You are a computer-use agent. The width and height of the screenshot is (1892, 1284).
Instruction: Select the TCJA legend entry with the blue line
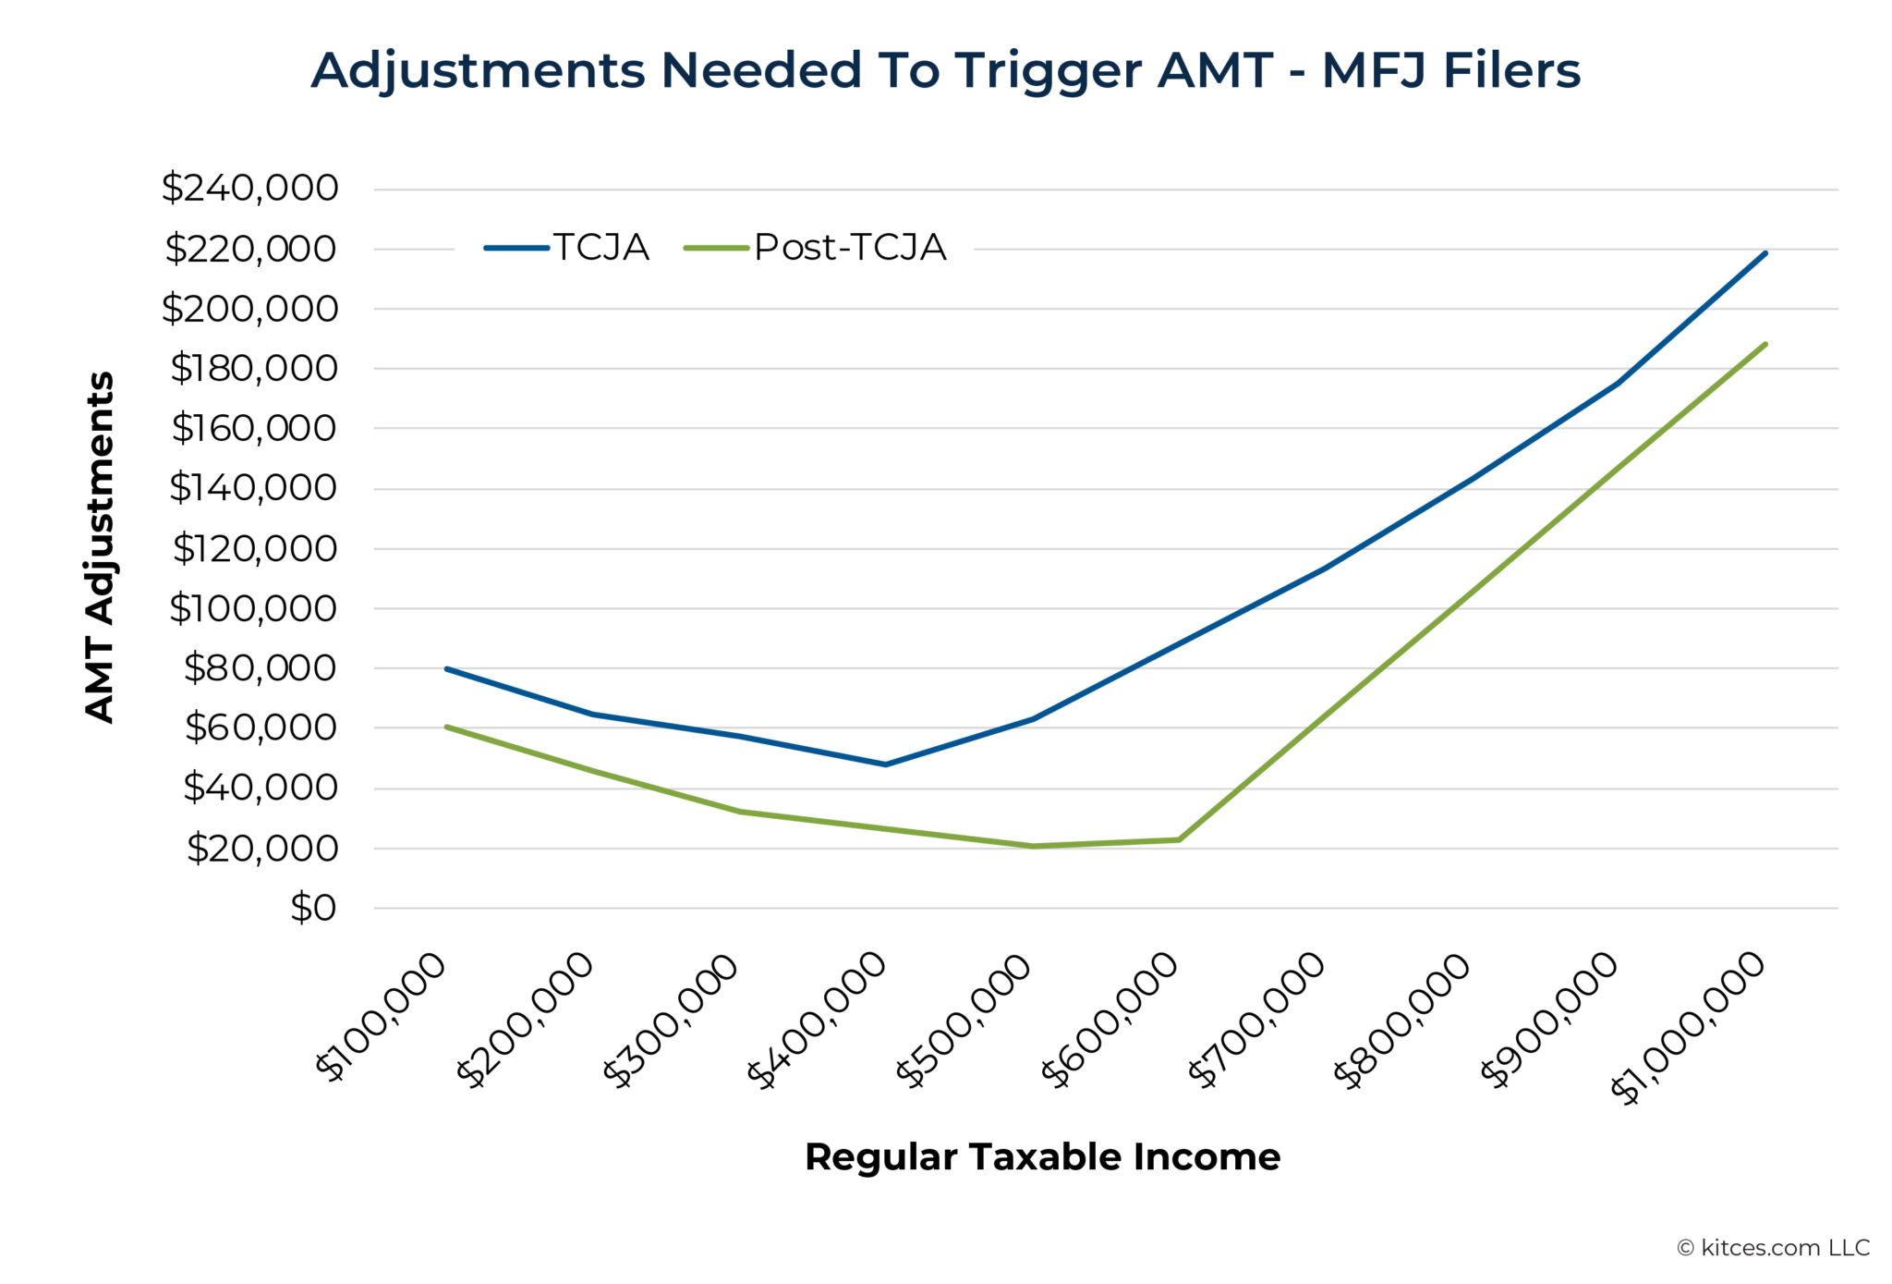[x=567, y=248]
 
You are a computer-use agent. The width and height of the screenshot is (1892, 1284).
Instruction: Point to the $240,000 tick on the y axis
[x=249, y=189]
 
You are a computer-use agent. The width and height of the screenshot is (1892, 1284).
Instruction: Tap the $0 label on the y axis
[x=313, y=908]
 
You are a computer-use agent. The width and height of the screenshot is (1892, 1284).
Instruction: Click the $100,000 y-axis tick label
[x=253, y=608]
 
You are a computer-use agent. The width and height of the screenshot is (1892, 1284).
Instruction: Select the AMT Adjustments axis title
[x=100, y=547]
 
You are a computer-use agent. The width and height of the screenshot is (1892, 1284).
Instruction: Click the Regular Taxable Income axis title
[x=1042, y=1157]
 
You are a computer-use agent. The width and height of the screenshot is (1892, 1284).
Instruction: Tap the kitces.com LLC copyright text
[x=1773, y=1248]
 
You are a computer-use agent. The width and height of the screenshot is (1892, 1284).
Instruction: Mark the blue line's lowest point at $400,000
[x=885, y=764]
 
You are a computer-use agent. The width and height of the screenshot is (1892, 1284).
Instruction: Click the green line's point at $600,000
[x=1179, y=839]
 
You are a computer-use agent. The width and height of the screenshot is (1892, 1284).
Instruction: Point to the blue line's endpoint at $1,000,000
[x=1765, y=252]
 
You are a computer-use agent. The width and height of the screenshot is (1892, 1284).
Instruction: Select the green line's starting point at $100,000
[x=446, y=727]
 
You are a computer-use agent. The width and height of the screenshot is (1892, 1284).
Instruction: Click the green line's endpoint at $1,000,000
[x=1765, y=344]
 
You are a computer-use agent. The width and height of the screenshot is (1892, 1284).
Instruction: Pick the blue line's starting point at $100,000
[x=446, y=668]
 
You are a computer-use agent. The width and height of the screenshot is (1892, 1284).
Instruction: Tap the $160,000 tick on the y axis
[x=254, y=429]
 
